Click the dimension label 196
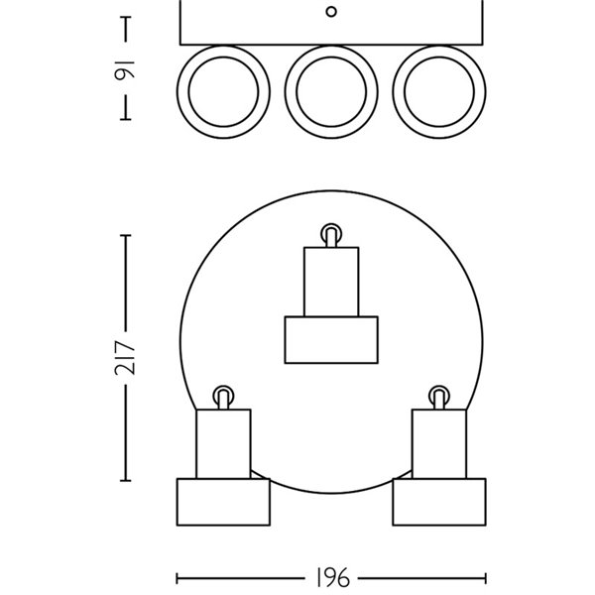coord(332,577)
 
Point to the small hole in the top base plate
coord(332,12)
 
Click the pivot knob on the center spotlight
coord(331,235)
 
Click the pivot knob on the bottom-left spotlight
coord(223,395)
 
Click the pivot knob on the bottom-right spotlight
coord(438,395)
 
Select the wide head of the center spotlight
coord(331,340)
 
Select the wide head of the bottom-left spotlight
coord(223,502)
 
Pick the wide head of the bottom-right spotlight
coord(438,502)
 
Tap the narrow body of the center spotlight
coord(331,282)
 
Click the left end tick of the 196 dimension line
coord(178,577)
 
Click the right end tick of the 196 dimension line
coord(486,577)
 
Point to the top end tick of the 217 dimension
coord(126,235)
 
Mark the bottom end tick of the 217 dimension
coord(126,480)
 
